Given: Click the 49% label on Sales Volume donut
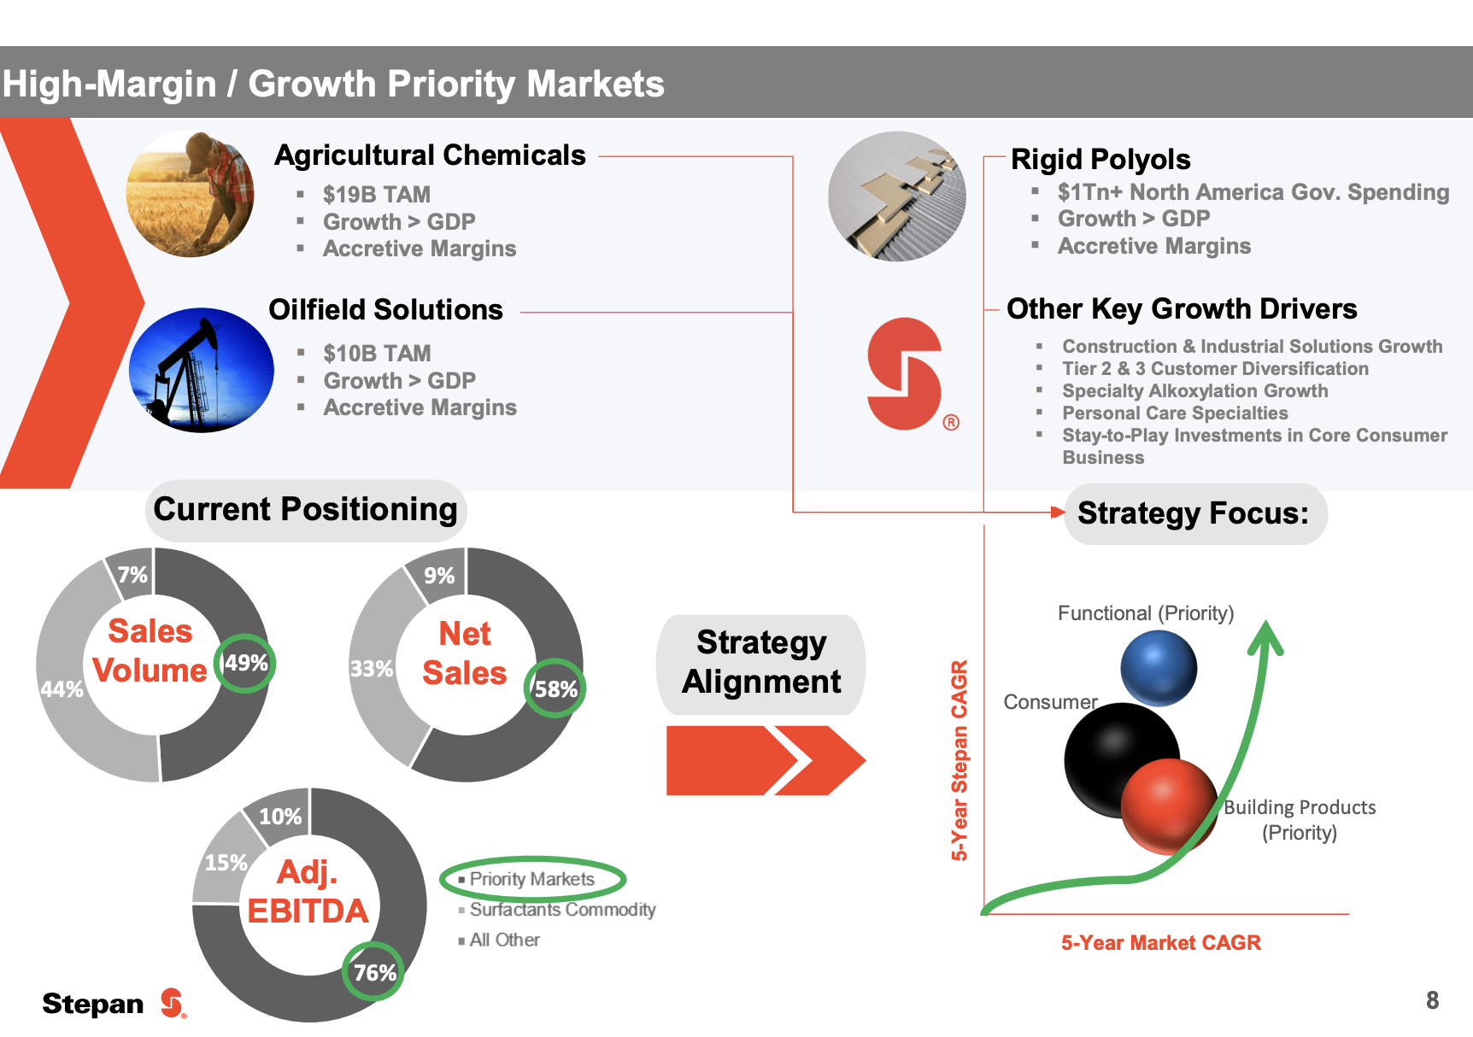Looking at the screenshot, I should coord(246,663).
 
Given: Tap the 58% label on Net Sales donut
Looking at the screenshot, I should coord(556,688).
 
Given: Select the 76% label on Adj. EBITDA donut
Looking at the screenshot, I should coord(374,972).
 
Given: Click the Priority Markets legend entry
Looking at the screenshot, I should coord(531,879).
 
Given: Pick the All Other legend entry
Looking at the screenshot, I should coord(504,940).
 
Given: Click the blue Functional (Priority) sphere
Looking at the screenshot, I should coord(1159,667).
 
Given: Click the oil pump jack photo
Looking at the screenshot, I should coord(202,370).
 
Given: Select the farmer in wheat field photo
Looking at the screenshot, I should coord(191,193).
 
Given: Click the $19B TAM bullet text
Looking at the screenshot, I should coord(376,195).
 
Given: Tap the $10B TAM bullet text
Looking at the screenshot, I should coord(376,354).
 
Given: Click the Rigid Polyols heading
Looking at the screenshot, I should coord(1100,160).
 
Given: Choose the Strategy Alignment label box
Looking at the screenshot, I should coord(760,663).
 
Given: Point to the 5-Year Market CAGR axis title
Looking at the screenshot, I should coord(1160,943).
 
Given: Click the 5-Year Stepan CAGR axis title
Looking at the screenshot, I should coord(960,760).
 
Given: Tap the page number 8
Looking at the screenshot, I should coord(1432,1000).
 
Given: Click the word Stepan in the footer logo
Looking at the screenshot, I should coord(93,1004).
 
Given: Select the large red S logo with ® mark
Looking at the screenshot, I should coord(906,373).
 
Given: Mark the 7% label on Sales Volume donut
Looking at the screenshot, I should coord(132,575).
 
